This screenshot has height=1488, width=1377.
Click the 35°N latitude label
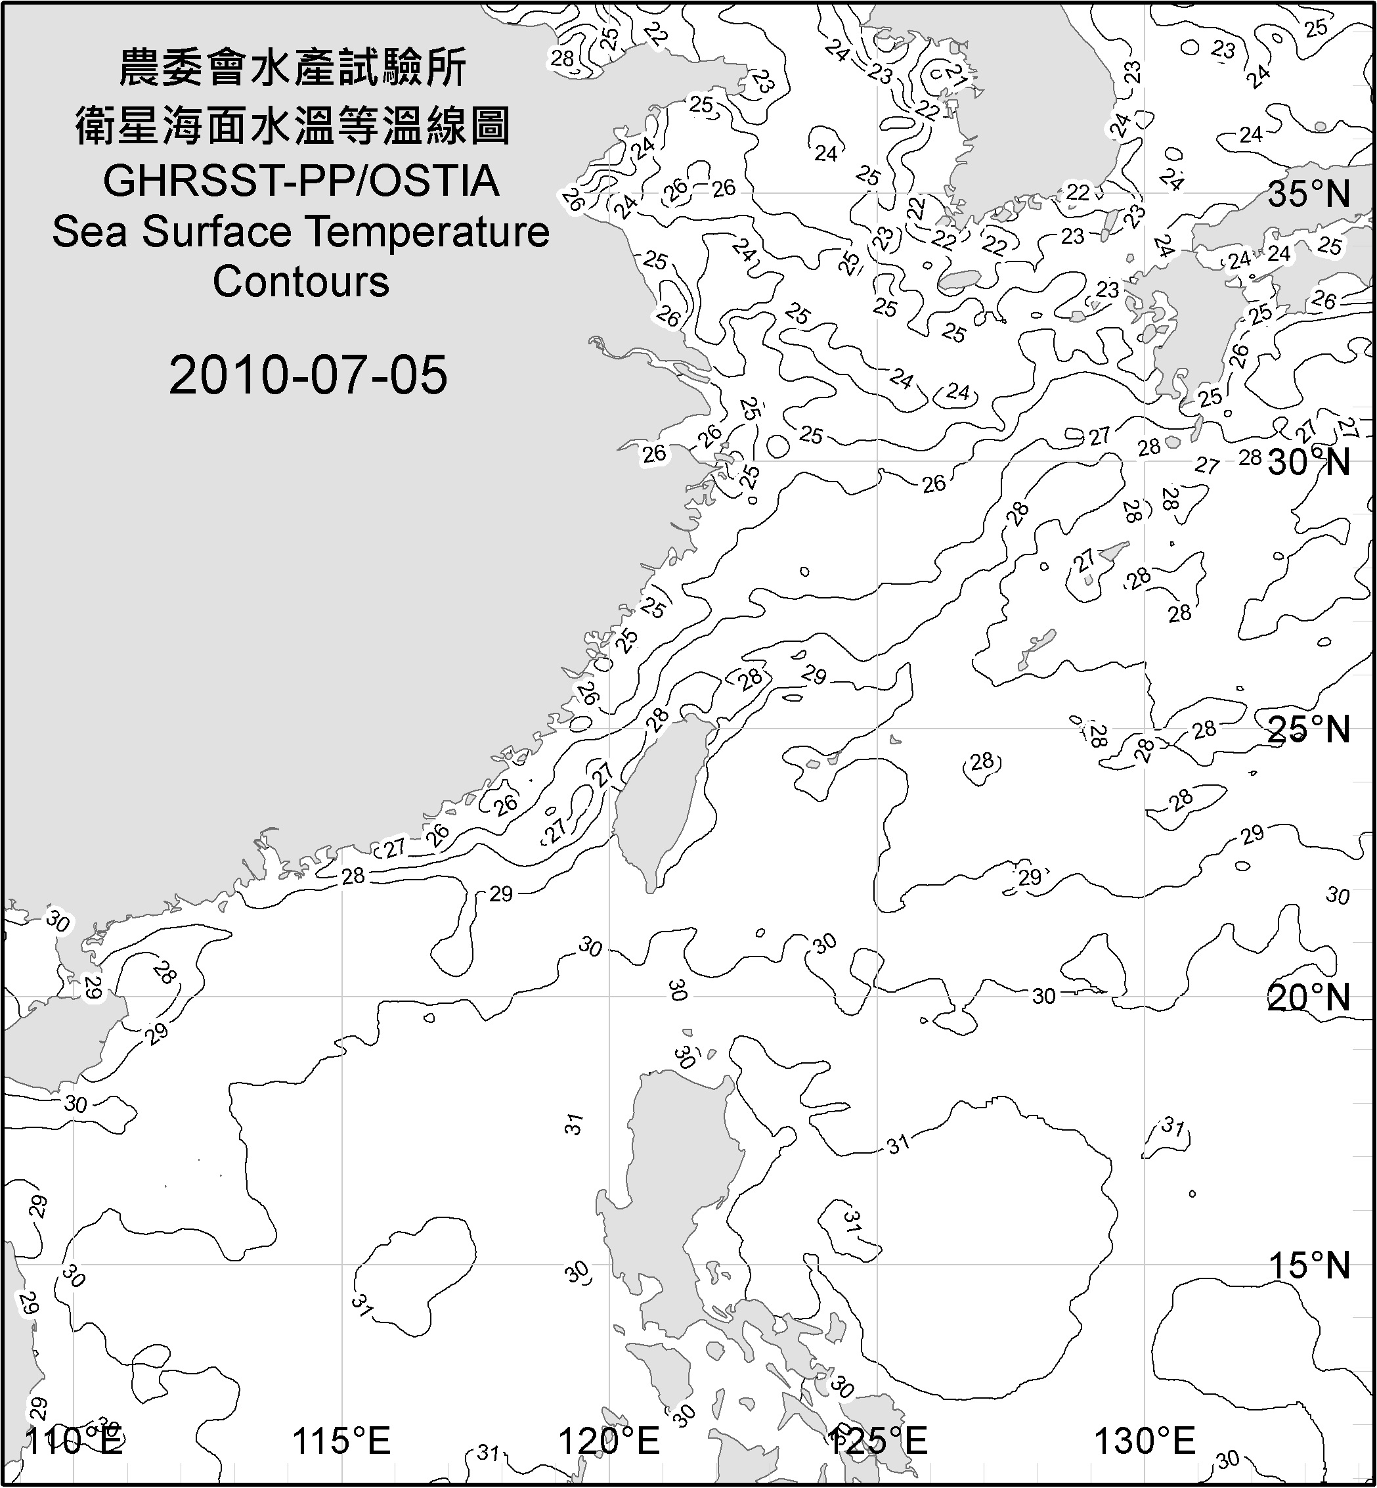click(x=1309, y=194)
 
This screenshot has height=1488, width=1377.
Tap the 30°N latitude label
click(x=1309, y=463)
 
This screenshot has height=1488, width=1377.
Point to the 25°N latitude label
click(x=1309, y=730)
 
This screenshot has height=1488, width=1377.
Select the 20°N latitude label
click(x=1309, y=997)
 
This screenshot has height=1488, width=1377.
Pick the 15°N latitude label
click(x=1309, y=1265)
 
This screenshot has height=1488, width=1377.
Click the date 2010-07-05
click(x=308, y=375)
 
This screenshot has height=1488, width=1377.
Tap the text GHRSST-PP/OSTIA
click(x=301, y=181)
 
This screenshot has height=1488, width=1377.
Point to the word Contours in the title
click(x=301, y=282)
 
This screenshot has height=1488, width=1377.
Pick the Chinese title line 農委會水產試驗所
click(x=293, y=68)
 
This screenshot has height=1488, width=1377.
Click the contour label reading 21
click(x=956, y=76)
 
